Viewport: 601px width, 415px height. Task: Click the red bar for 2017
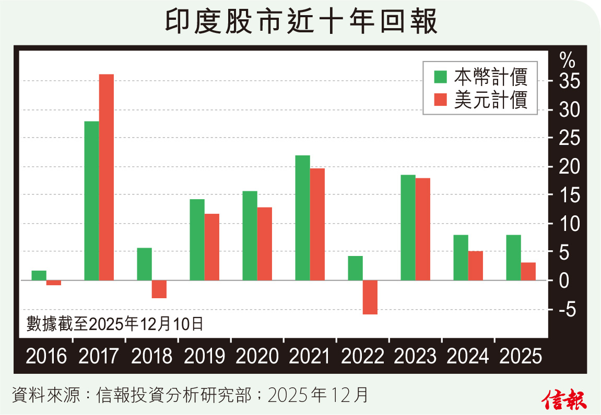107,177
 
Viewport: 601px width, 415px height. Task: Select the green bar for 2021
302,218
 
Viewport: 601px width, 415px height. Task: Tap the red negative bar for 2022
370,297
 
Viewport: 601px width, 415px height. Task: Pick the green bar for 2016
39,275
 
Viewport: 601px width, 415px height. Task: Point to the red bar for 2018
159,289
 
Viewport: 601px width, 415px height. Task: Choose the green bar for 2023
408,227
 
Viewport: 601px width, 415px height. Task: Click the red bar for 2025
528,271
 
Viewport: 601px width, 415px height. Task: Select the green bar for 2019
197,240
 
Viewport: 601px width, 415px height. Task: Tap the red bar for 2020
264,244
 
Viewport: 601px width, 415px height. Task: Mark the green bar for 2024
461,258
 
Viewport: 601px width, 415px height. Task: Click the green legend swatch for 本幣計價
441,77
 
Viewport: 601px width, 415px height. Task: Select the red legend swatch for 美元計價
441,100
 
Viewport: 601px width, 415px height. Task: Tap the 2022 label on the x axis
362,357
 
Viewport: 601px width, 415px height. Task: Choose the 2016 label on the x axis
46,357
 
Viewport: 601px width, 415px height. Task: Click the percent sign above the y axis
567,60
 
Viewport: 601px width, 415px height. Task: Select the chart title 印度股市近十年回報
301,22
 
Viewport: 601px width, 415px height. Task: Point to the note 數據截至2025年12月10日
114,324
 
